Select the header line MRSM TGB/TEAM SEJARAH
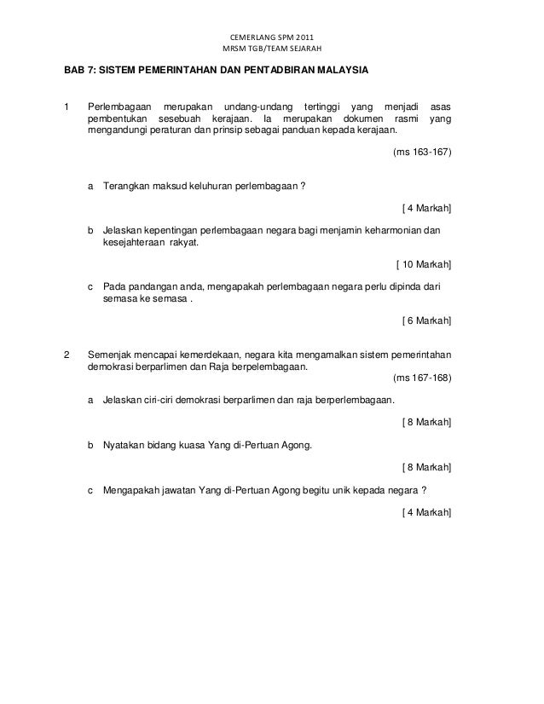pyautogui.click(x=272, y=49)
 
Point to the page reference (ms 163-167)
pyautogui.click(x=420, y=153)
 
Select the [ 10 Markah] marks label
pyautogui.click(x=425, y=263)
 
